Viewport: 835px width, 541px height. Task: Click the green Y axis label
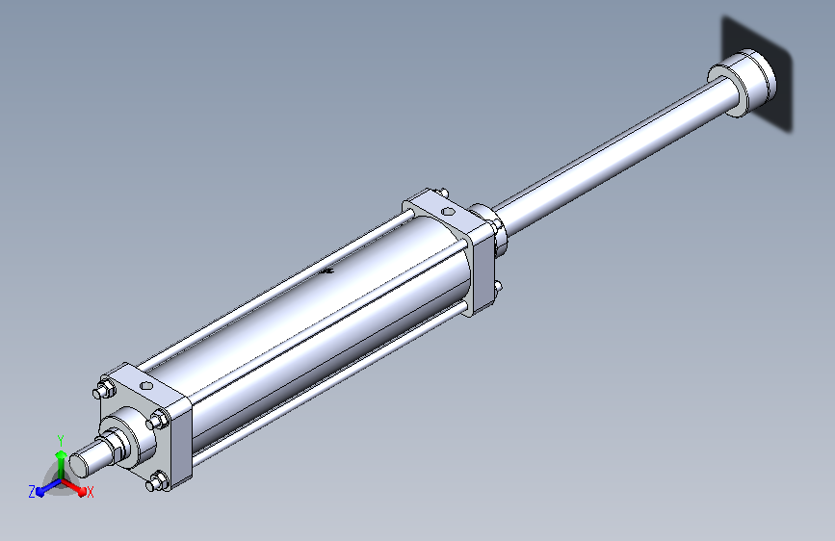pyautogui.click(x=61, y=440)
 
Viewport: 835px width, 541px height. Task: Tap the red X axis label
pyautogui.click(x=90, y=492)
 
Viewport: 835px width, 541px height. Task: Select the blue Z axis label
pyautogui.click(x=32, y=492)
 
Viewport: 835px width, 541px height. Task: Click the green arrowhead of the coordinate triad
pyautogui.click(x=62, y=454)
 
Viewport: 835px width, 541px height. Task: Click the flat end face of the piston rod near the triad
pyautogui.click(x=79, y=464)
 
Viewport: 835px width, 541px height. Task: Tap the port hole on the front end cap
pyautogui.click(x=146, y=385)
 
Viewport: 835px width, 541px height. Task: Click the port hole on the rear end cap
pyautogui.click(x=449, y=212)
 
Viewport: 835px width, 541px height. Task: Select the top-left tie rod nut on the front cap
pyautogui.click(x=105, y=389)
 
